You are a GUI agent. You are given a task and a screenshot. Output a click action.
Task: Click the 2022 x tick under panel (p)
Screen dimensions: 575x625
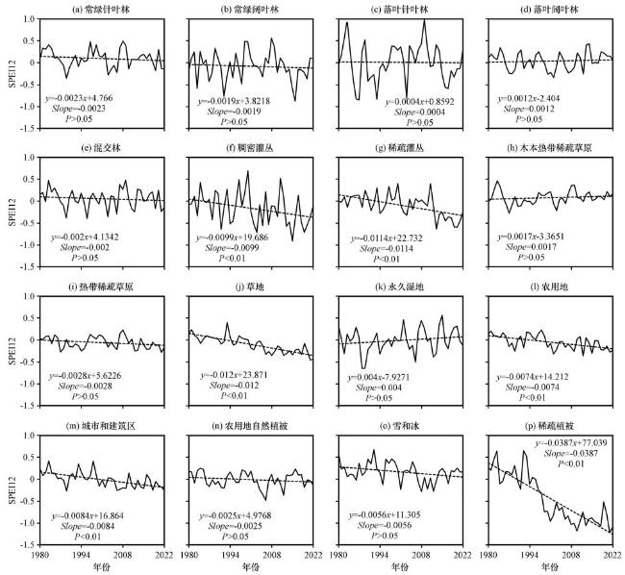[612, 555]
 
